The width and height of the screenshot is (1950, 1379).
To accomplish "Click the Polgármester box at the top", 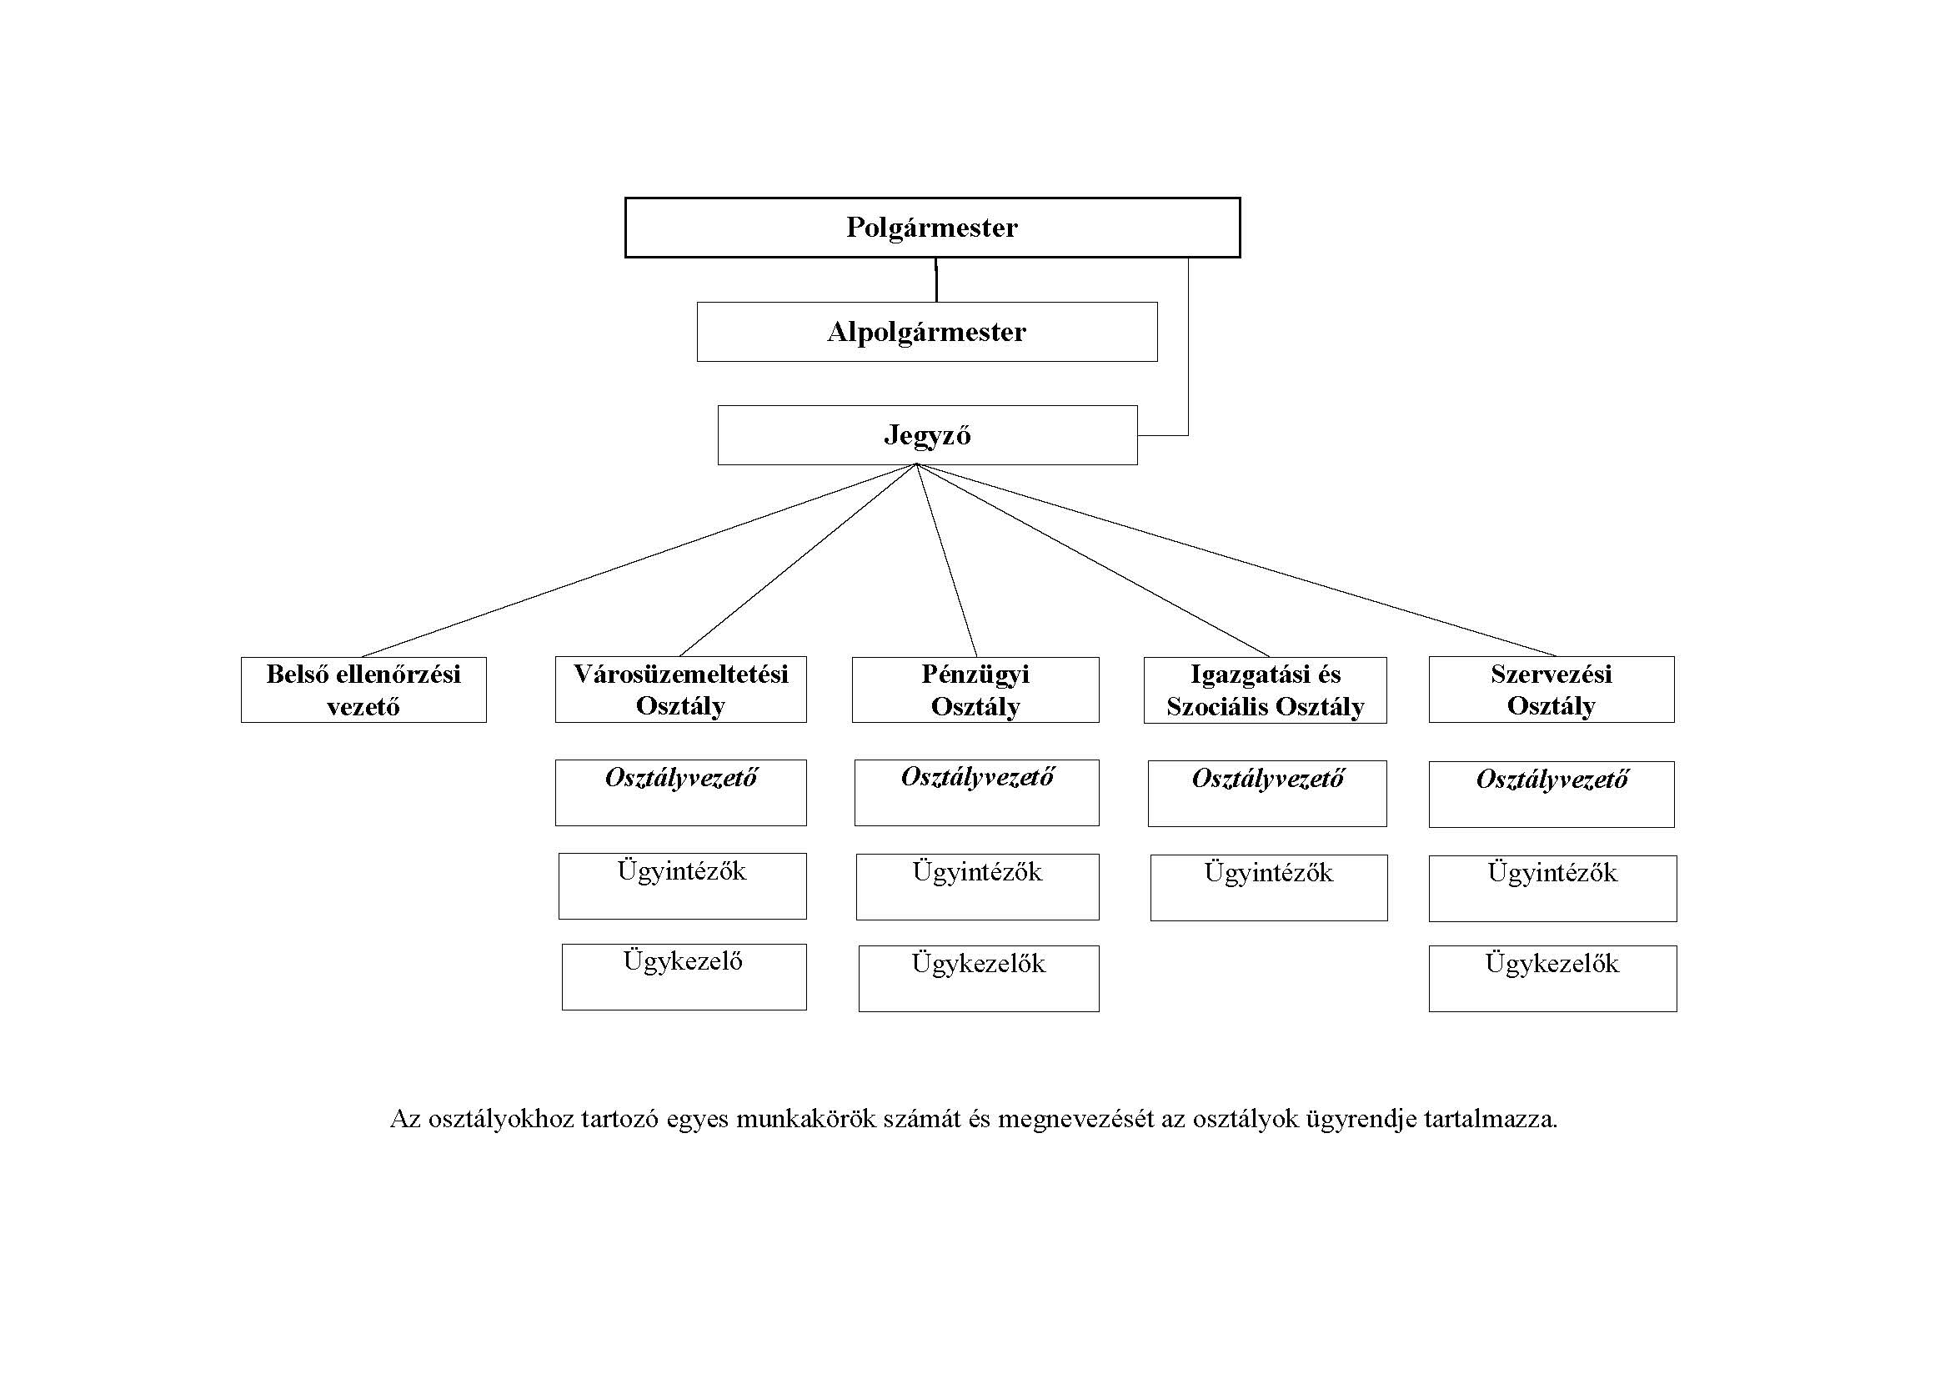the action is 932,228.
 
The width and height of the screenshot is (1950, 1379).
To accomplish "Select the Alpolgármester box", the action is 926,332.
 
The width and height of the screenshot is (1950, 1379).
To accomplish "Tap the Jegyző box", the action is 926,434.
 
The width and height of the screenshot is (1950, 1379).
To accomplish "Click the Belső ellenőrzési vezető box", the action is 363,689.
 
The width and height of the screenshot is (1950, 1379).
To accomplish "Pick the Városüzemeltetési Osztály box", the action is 680,689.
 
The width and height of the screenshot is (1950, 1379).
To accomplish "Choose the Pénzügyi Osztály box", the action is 975,689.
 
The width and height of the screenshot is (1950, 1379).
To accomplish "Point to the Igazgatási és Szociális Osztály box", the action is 1265,689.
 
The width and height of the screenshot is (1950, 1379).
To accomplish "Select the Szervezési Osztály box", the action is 1551,689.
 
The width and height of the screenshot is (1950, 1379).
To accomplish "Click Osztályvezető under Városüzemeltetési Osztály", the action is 680,792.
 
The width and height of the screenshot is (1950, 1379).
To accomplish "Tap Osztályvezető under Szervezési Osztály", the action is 1551,794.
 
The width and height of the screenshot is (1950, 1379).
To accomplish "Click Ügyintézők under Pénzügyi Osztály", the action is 977,886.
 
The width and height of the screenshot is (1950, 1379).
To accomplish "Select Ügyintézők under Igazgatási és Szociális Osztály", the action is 1269,887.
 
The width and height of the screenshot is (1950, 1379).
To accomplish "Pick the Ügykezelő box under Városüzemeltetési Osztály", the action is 684,976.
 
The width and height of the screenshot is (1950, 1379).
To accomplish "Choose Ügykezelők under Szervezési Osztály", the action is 1552,978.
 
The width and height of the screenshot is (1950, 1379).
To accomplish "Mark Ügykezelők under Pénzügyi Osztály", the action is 979,978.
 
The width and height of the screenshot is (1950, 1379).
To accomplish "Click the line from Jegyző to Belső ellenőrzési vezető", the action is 639,560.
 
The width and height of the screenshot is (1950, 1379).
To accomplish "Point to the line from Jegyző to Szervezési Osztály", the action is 1236,560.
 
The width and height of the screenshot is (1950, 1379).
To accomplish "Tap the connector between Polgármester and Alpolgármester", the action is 936,279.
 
